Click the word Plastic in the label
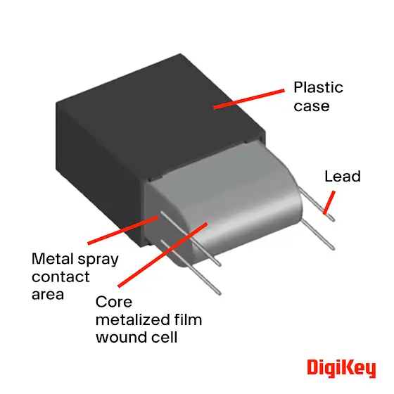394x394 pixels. [318, 87]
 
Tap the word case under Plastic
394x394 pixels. [312, 106]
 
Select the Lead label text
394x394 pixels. [343, 176]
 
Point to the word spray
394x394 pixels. [98, 260]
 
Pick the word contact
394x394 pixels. [61, 277]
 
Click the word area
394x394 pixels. [48, 295]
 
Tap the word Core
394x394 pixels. [114, 302]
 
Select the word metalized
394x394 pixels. [133, 319]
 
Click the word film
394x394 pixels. [189, 319]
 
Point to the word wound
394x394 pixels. [121, 337]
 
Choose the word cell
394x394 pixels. [165, 337]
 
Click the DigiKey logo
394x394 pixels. [341, 369]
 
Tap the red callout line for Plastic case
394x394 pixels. [249, 99]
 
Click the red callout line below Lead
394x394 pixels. [329, 203]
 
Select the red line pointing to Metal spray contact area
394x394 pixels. [123, 229]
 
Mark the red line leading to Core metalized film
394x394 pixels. [163, 255]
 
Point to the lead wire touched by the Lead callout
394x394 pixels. [317, 204]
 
